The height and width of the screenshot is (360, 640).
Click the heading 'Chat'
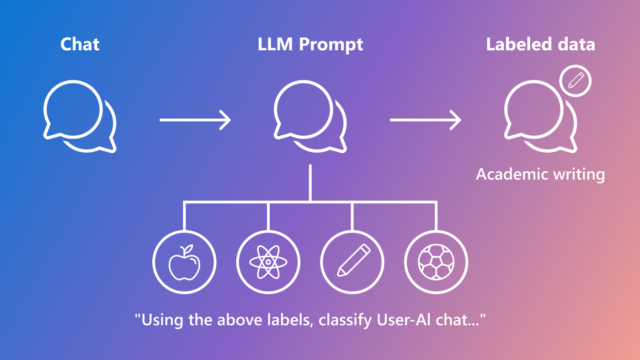point(80,45)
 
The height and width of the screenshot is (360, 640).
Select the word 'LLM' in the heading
point(275,45)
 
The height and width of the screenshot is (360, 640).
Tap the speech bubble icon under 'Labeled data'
point(539,116)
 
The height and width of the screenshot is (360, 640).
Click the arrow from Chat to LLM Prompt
point(195,120)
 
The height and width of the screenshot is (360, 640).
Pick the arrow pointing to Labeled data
point(426,120)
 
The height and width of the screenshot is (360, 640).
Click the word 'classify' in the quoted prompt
point(345,320)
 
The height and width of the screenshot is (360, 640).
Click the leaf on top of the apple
point(187,249)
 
